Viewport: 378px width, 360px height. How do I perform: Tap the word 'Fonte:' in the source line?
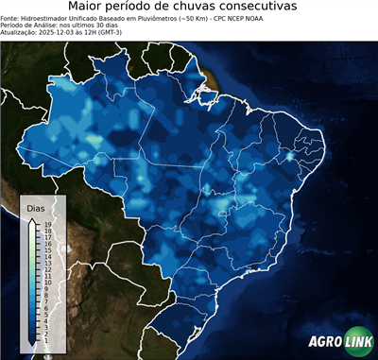(11, 18)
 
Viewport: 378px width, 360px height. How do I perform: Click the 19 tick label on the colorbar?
(46, 224)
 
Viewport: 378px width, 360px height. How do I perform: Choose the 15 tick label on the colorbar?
(46, 249)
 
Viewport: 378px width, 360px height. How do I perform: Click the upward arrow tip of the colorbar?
(33, 218)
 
